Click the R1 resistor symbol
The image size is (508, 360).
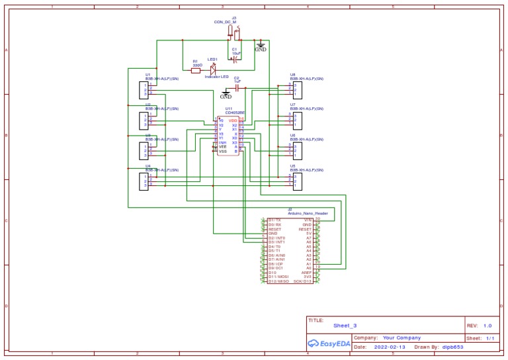(x=196, y=70)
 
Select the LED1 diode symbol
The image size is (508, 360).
(x=213, y=68)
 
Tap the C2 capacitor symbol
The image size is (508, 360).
(x=237, y=87)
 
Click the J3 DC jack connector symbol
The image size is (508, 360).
(x=233, y=32)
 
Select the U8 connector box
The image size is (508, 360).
(x=298, y=89)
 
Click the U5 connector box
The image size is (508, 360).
(x=298, y=181)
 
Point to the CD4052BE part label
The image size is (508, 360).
(x=235, y=113)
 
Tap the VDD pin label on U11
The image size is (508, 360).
(x=233, y=120)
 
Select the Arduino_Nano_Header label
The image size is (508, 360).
(x=308, y=214)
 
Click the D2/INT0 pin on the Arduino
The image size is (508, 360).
(x=276, y=238)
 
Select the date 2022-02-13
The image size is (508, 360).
(x=391, y=347)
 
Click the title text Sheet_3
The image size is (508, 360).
(x=345, y=326)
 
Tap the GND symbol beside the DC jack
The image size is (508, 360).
(x=261, y=47)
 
